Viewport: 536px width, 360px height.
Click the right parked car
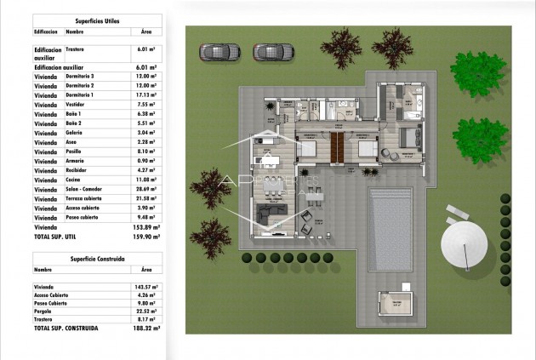click(266, 52)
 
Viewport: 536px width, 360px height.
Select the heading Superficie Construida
click(94, 256)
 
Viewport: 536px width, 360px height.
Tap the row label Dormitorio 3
click(80, 77)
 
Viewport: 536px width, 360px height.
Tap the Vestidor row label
click(77, 105)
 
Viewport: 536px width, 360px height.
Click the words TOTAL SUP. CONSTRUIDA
click(66, 327)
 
